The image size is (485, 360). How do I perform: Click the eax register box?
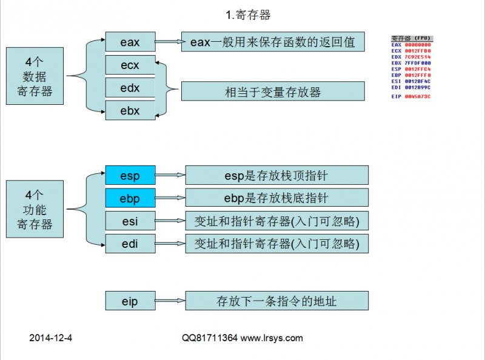pyautogui.click(x=130, y=42)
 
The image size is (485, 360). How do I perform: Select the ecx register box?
pyautogui.click(x=130, y=65)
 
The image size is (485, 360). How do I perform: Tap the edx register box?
pyautogui.click(x=130, y=87)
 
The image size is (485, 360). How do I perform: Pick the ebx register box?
pyautogui.click(x=130, y=110)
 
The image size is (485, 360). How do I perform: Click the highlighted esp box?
pyautogui.click(x=130, y=176)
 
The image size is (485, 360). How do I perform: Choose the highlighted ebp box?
pyautogui.click(x=130, y=198)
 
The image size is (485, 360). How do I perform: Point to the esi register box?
pyautogui.click(x=130, y=221)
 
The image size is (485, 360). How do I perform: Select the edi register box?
pyautogui.click(x=130, y=244)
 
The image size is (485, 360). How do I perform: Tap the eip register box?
pyautogui.click(x=130, y=301)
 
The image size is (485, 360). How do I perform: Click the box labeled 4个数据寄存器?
pyautogui.click(x=35, y=76)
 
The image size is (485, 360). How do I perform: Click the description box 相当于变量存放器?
pyautogui.click(x=273, y=92)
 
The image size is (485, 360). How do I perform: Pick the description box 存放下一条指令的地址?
pyautogui.click(x=276, y=301)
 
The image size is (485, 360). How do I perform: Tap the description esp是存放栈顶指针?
pyautogui.click(x=276, y=176)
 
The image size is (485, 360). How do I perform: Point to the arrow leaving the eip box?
pyautogui.click(x=170, y=301)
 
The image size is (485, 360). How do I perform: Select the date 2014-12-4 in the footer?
pyautogui.click(x=51, y=338)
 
